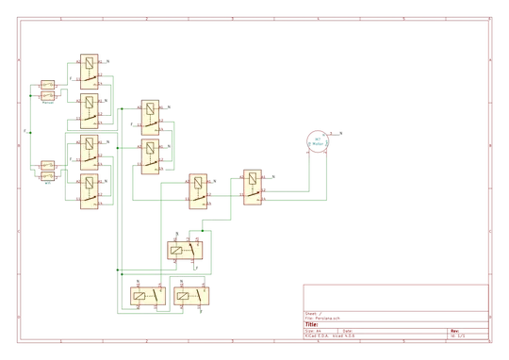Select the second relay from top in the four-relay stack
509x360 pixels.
click(89, 110)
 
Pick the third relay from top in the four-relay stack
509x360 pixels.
click(89, 151)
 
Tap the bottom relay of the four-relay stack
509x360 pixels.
click(89, 192)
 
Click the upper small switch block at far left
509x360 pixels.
click(47, 90)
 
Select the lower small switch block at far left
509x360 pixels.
click(47, 171)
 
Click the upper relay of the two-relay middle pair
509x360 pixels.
click(149, 117)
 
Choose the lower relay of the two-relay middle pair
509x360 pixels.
click(149, 155)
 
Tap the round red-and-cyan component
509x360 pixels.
click(317, 141)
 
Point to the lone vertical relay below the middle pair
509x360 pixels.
click(198, 192)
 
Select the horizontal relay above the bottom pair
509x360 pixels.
click(187, 251)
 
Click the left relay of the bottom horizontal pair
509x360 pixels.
click(147, 296)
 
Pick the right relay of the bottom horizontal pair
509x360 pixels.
click(193, 296)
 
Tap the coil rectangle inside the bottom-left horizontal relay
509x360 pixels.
click(141, 296)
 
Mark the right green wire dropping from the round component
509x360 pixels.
click(327, 174)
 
